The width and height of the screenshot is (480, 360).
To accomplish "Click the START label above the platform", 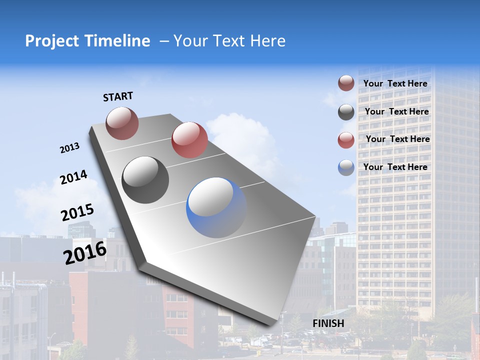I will click(118, 96).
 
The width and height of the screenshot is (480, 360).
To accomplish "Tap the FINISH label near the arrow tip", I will click(328, 323).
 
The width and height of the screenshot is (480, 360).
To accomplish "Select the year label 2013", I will click(69, 148).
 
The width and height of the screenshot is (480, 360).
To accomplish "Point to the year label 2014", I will click(73, 177).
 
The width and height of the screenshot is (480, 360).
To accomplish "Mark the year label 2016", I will click(85, 253).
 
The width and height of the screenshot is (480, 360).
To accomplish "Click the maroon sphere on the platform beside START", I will click(122, 123).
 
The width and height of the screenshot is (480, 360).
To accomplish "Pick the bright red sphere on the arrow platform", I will click(189, 140).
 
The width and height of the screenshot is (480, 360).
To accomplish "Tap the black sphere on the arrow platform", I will click(145, 180).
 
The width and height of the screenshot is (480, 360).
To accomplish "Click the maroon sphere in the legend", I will click(346, 83).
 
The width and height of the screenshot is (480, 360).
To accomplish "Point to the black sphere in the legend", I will click(346, 112).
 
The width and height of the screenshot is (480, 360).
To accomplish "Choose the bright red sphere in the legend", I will click(346, 140).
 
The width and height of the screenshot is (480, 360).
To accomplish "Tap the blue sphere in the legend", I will click(346, 167).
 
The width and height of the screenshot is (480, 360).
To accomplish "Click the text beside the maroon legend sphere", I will click(395, 83).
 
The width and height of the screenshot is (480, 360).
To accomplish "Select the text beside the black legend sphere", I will click(396, 111).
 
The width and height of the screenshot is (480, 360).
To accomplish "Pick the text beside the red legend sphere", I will click(397, 139).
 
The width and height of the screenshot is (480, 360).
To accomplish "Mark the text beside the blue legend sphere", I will click(395, 167).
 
